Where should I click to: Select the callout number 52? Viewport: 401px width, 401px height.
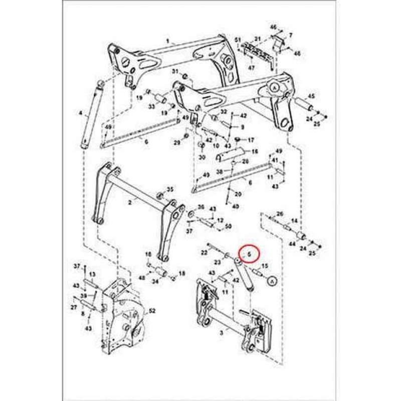click(152, 311)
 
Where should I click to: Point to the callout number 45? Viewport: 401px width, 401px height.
click(311, 96)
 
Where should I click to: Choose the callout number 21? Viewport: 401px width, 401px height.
click(258, 39)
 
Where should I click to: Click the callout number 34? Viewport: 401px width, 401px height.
click(155, 281)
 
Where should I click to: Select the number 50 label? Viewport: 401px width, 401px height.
click(229, 227)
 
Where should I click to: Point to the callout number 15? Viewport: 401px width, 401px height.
click(265, 266)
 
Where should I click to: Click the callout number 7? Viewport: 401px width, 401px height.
click(290, 35)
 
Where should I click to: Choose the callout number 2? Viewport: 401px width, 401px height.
click(130, 203)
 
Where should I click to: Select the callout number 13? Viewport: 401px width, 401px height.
click(92, 275)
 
